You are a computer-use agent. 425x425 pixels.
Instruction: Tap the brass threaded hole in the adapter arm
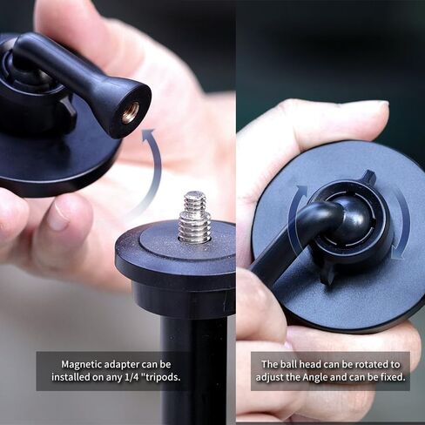tap(130, 111)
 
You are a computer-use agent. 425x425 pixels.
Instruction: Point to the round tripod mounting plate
tap(174, 253)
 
